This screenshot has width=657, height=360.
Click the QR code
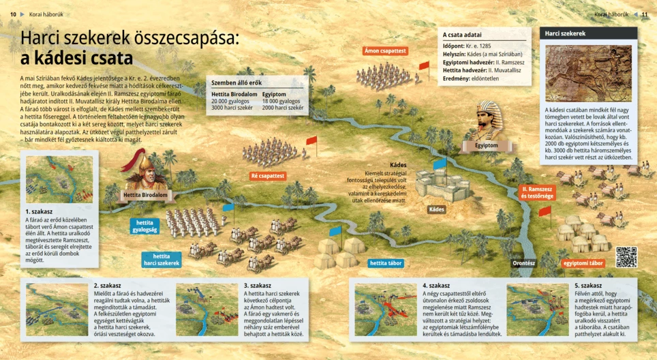pos(626,257)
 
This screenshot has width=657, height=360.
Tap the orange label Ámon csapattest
pos(385,50)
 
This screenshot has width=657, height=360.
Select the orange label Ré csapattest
pos(267,176)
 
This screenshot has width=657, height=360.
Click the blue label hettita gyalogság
pos(144,226)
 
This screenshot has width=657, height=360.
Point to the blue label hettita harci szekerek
pos(162,260)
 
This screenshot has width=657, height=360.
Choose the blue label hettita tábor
pos(385,262)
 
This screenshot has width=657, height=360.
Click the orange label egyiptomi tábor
pos(583,262)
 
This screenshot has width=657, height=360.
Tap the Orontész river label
pos(524,262)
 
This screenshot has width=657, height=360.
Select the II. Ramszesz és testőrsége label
pos(536,192)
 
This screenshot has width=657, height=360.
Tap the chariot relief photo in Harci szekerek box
pos(588,73)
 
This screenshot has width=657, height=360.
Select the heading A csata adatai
pos(462,35)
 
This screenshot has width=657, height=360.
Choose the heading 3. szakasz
pos(258,286)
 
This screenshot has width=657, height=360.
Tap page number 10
pos(13,14)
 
